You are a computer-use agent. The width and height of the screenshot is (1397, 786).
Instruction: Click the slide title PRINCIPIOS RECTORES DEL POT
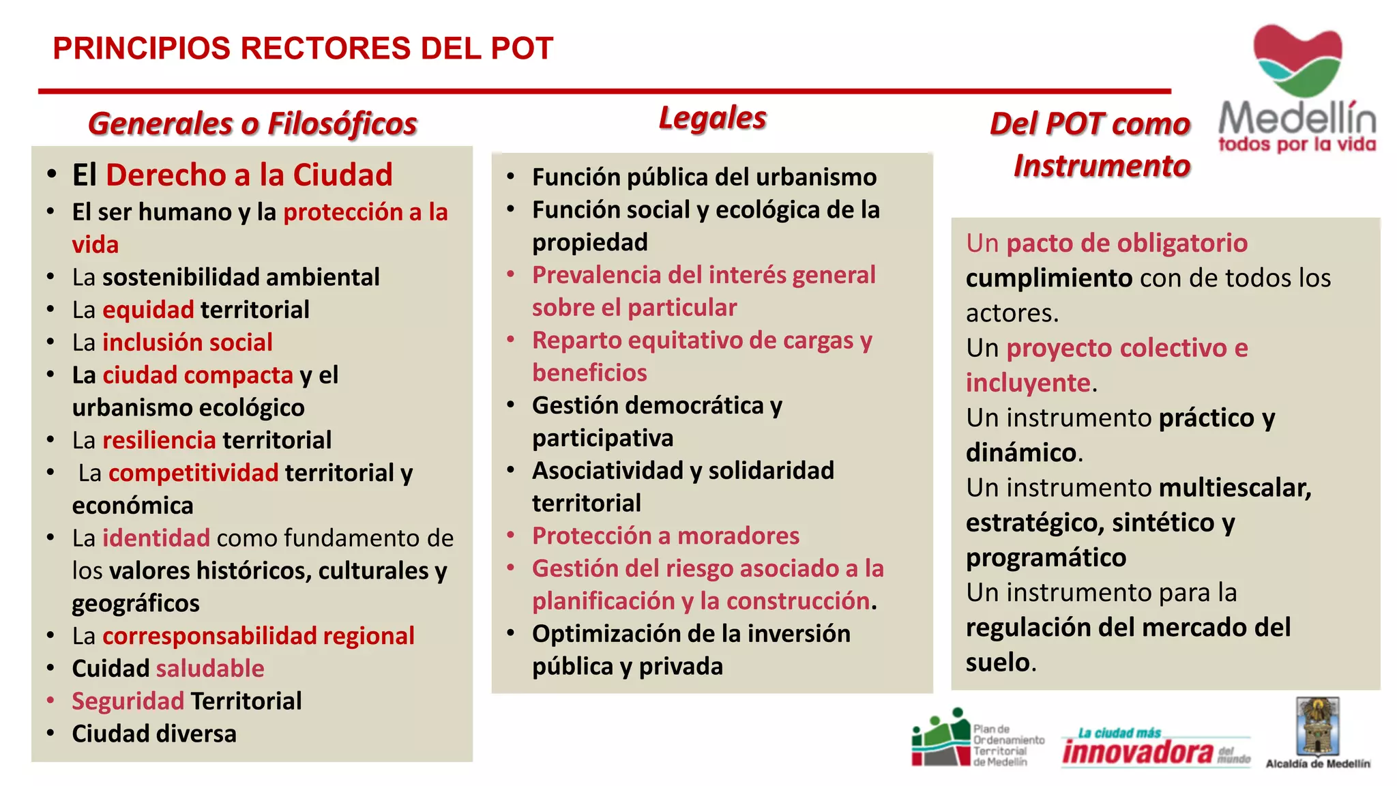(303, 48)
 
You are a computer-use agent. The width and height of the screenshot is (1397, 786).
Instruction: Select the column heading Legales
(712, 118)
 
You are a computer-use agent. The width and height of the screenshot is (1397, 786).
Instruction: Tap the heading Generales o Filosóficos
(252, 123)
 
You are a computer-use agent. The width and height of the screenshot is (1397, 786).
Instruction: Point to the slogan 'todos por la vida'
(1297, 145)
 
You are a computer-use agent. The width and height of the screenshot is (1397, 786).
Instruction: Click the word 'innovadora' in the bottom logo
(1138, 752)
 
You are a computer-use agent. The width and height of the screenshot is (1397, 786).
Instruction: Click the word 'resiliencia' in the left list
(159, 440)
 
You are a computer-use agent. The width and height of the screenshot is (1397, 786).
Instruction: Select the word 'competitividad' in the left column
(193, 473)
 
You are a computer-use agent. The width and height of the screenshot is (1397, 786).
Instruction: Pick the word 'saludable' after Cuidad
(210, 669)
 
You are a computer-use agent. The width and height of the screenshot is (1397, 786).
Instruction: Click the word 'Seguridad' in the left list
(128, 701)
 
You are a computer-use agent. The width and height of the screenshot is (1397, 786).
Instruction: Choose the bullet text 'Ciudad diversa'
(154, 734)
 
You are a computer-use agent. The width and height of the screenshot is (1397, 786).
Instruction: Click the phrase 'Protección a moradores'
(666, 536)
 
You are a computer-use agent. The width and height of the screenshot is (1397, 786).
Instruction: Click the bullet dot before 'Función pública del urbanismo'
(510, 177)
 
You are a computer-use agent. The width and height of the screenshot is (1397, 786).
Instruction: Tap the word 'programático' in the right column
(1046, 558)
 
